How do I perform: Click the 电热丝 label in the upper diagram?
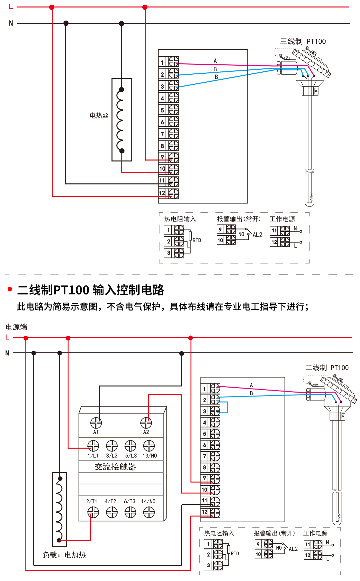[99, 116]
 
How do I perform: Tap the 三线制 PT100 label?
[303, 41]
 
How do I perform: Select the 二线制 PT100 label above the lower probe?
[327, 368]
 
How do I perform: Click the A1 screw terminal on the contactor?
[96, 423]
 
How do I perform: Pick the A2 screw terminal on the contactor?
[146, 423]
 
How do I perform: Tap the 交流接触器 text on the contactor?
[115, 467]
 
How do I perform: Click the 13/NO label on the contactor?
[150, 456]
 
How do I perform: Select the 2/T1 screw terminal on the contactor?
[93, 512]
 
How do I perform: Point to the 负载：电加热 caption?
[64, 555]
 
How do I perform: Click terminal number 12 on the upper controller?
[162, 193]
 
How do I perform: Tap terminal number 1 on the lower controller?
[205, 389]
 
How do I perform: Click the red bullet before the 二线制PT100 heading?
[10, 289]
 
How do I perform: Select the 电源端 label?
[16, 327]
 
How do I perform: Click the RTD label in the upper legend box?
[197, 240]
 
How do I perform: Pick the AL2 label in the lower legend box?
[293, 549]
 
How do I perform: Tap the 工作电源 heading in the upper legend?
[282, 219]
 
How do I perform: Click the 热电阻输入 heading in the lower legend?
[219, 533]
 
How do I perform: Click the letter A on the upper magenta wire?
[215, 61]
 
